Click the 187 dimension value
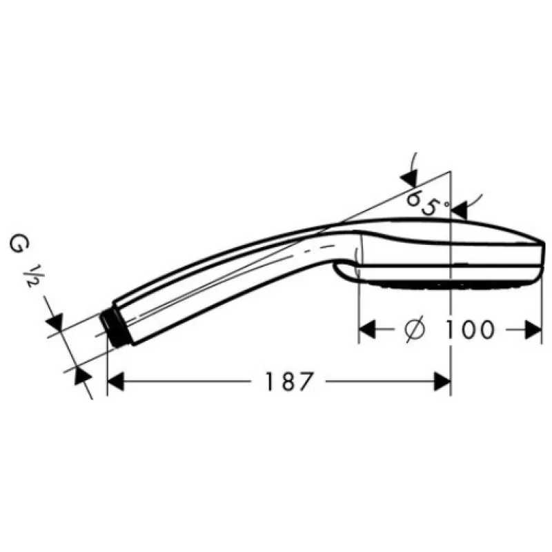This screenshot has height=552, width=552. click(x=288, y=382)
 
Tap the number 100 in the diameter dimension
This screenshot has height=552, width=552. click(x=470, y=330)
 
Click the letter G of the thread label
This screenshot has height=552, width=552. click(x=19, y=246)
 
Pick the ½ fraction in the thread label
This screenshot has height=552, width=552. click(x=30, y=277)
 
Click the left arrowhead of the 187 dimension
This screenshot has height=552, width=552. click(x=116, y=382)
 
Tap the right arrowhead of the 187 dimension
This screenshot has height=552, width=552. click(x=442, y=382)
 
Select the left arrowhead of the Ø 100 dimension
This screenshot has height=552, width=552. click(x=367, y=330)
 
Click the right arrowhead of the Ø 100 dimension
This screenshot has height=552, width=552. click(x=533, y=330)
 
